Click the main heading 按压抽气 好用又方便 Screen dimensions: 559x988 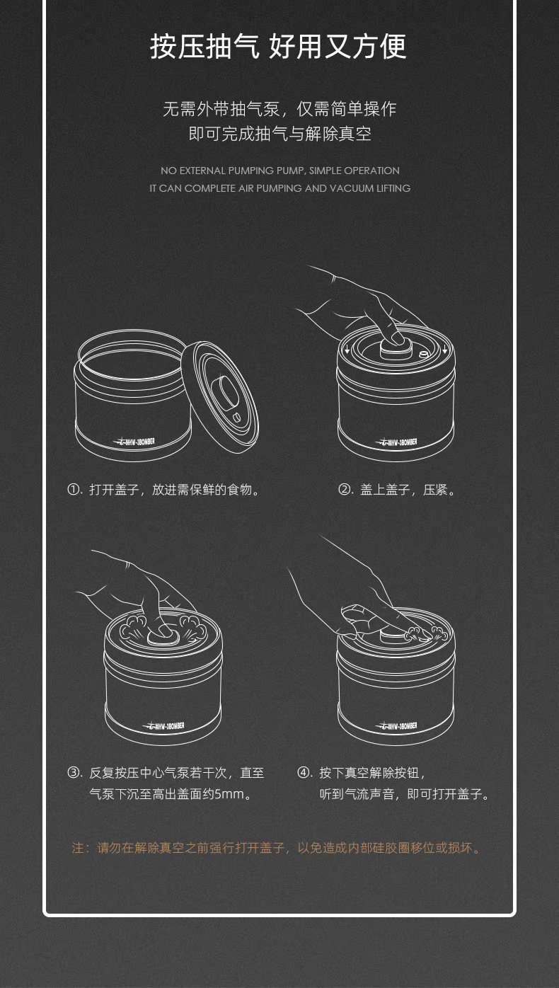coord(278,46)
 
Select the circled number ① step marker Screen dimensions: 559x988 coord(73,489)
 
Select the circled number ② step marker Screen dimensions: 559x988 coord(344,489)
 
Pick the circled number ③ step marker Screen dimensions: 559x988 coord(73,772)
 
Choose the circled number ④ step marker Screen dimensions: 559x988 coord(303,772)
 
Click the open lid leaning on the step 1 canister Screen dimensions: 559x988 coord(220,397)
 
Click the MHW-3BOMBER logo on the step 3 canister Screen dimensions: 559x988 coord(163,725)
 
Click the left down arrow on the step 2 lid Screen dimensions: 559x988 coord(347,350)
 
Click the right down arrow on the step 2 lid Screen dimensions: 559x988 coord(444,350)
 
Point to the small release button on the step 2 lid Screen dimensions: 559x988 coord(424,354)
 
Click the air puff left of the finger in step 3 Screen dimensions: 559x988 coord(132,627)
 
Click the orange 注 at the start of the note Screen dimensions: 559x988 coord(78,848)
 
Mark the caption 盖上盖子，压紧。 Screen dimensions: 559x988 coord(408,489)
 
